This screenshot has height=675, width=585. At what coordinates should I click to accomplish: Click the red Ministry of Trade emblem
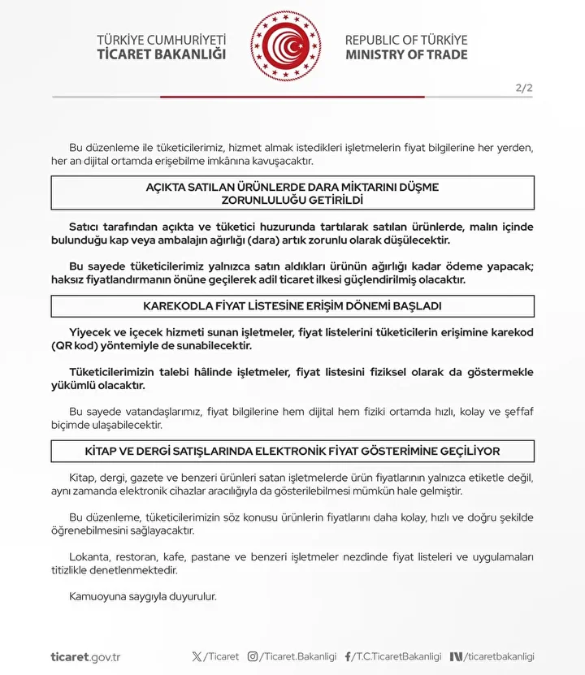286,46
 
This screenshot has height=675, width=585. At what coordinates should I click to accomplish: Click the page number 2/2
524,88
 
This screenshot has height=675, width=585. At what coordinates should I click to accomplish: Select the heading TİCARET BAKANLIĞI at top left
162,54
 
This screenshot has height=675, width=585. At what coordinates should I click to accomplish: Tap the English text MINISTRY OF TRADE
406,54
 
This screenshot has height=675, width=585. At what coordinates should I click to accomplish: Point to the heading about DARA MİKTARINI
292,193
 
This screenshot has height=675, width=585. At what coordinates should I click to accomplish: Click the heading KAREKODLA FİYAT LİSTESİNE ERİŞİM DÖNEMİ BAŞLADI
292,306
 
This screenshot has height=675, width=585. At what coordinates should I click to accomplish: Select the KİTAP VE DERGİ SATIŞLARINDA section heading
292,451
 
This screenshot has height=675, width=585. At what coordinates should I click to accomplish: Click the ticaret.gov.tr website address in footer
85,656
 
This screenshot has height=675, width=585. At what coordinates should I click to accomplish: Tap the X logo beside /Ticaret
197,656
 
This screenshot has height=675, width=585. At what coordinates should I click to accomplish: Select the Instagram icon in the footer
253,656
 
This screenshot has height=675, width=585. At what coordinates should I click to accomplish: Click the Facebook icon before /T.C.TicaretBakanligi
349,656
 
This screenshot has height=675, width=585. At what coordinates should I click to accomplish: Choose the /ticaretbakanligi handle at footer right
500,656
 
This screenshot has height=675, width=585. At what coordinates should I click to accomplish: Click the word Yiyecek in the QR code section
89,333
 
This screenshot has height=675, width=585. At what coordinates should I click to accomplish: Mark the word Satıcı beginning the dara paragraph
85,227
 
